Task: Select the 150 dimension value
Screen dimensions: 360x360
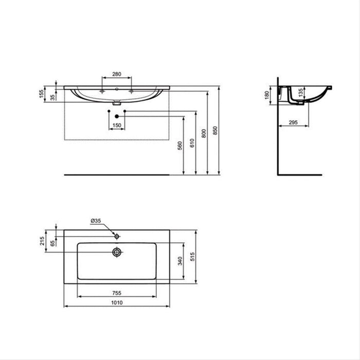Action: click(x=117, y=125)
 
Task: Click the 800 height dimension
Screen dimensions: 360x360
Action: click(x=204, y=132)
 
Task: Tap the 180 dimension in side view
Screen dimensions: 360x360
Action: click(x=266, y=96)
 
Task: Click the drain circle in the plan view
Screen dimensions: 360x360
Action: click(x=117, y=252)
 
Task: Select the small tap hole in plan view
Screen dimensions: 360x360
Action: click(x=117, y=236)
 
